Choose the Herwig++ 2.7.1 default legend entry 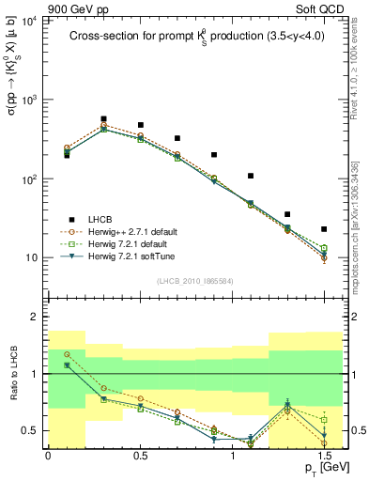click(x=136, y=231)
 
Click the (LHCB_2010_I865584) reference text click(x=194, y=280)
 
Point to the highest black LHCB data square click(x=103, y=119)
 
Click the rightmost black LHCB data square click(x=324, y=229)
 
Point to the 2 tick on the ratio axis click(x=36, y=317)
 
